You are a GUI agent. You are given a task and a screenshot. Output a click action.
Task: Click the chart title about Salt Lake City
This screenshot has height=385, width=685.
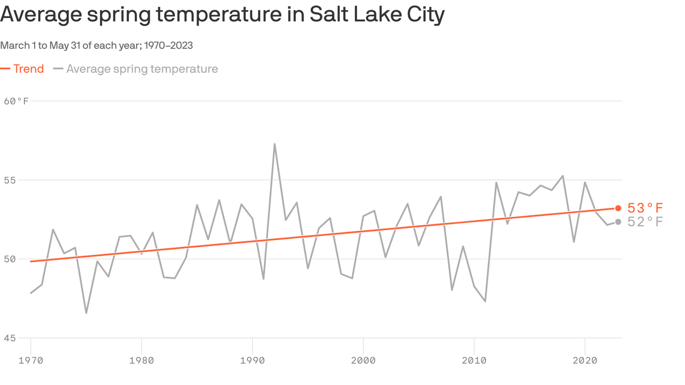222,15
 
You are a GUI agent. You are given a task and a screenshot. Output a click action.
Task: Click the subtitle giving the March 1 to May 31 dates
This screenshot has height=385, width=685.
96,46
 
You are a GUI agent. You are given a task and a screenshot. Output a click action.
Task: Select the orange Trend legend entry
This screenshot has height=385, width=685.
23,69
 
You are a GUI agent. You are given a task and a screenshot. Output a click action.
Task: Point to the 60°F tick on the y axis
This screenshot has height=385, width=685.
17,101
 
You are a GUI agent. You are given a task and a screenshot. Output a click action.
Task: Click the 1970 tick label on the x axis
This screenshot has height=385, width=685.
31,360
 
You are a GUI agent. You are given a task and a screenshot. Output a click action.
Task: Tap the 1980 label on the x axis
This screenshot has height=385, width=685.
141,360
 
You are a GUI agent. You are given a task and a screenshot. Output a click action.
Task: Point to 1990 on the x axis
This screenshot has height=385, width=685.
252,360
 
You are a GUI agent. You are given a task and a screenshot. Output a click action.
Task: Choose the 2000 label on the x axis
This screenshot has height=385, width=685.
363,360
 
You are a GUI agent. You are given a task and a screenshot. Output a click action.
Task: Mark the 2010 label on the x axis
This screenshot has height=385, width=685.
474,360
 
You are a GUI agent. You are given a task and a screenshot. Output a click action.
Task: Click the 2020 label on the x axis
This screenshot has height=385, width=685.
585,360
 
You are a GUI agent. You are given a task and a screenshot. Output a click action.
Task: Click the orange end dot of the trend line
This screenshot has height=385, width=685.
618,208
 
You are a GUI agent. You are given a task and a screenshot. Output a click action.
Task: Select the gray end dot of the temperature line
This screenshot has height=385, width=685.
618,222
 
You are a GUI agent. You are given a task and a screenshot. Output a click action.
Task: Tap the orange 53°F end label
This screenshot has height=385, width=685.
645,208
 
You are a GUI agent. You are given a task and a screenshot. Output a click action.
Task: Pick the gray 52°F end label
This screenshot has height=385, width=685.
645,222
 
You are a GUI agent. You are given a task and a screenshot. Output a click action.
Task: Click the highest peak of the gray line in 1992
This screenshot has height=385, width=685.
274,144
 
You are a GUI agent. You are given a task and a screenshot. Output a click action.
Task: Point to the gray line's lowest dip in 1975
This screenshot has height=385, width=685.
86,313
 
